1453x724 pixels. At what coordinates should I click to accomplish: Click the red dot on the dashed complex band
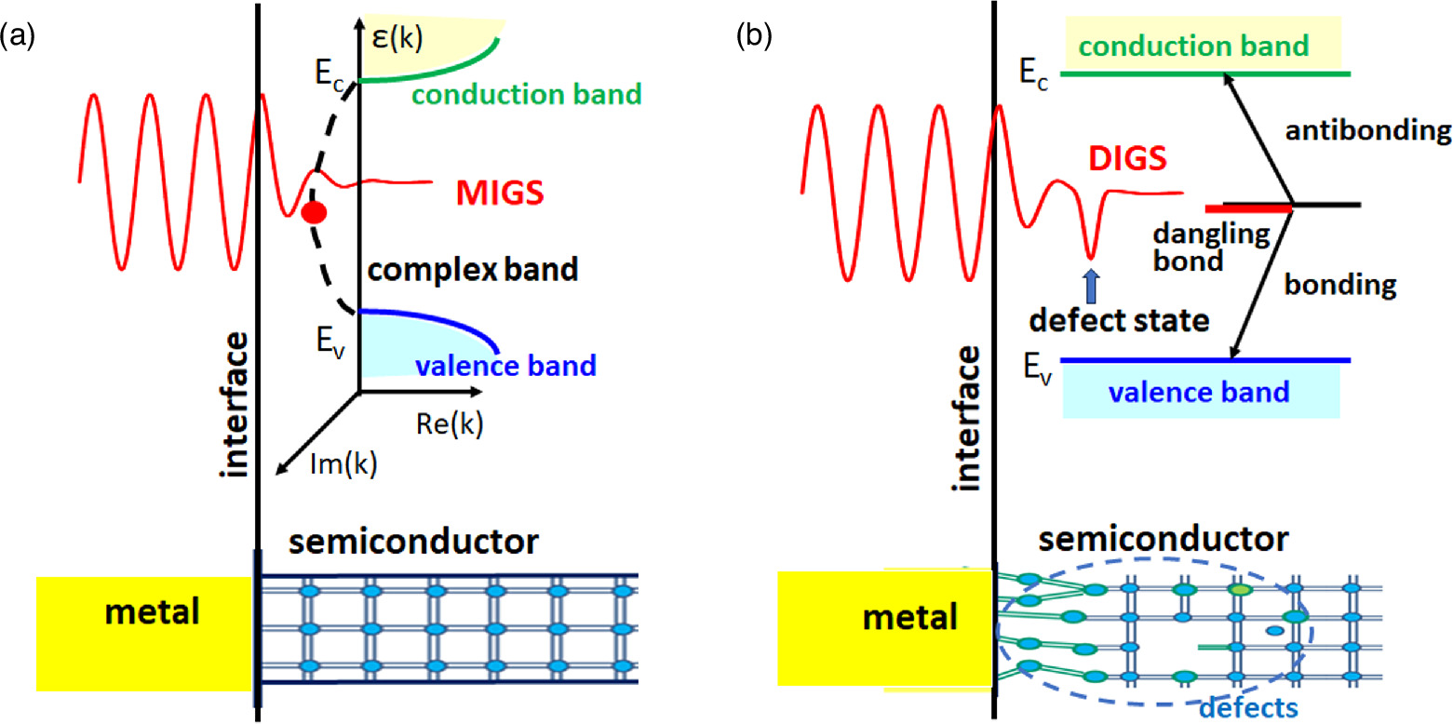(x=314, y=213)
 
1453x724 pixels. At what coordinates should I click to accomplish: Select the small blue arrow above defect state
(x=1091, y=282)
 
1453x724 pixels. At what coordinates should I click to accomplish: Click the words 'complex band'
(x=472, y=271)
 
